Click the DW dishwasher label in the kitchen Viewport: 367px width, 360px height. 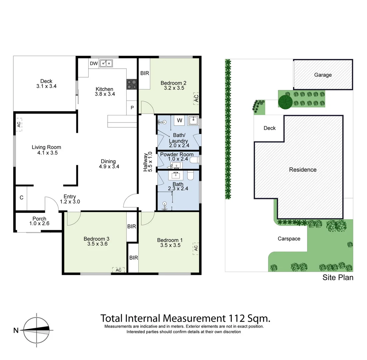94,63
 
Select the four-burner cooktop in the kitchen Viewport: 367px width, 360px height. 132,84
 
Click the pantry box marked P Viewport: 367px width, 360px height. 132,108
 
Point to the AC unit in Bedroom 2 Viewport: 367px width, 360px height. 196,98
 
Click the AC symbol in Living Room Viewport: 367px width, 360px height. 19,124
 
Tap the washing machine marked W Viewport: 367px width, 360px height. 179,120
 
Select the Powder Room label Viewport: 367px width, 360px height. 177,155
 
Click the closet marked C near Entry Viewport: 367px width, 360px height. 21,198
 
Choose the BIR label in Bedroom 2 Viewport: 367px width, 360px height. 144,73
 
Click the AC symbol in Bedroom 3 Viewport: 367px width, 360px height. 118,270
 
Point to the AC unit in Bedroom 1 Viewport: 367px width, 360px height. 196,248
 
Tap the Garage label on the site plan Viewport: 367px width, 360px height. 323,75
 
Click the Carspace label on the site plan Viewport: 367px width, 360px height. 289,239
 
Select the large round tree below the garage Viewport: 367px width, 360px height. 285,102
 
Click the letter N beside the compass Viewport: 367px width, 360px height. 16,331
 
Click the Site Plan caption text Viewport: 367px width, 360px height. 337,278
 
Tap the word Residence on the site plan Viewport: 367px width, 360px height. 302,170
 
